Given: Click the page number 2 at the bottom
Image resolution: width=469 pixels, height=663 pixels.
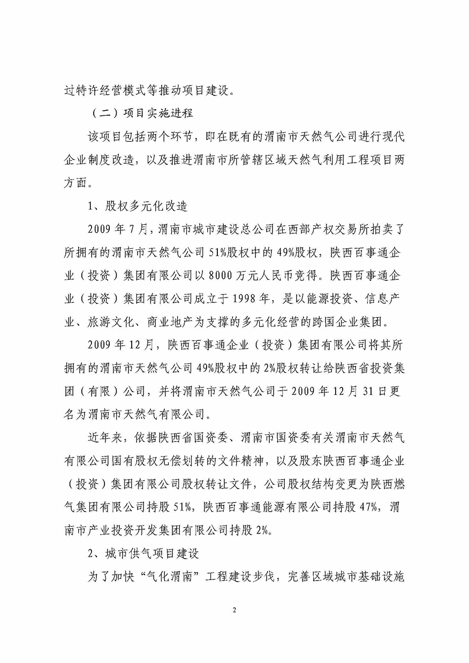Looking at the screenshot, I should tap(234, 611).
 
